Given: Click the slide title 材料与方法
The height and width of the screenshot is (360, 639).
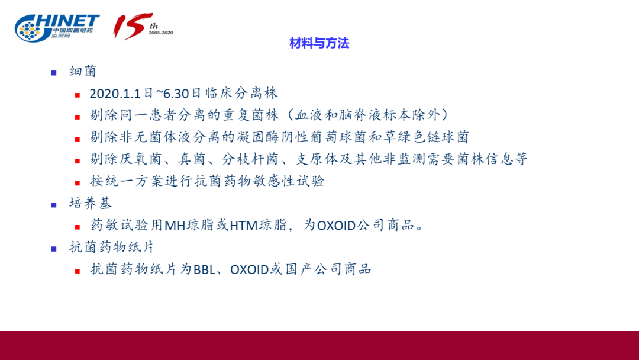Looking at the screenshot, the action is [x=319, y=43].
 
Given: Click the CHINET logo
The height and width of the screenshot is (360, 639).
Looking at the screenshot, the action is [x=57, y=28].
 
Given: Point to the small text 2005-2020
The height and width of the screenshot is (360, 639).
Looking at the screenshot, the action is [x=161, y=33].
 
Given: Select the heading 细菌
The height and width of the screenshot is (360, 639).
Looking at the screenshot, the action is [x=83, y=71].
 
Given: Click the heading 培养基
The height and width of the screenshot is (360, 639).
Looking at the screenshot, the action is [x=91, y=203].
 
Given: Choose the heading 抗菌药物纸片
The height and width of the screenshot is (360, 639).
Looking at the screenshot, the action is [x=112, y=247].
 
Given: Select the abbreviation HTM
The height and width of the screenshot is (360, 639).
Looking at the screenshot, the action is [x=244, y=225].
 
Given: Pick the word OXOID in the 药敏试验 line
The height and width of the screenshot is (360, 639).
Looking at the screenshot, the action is [x=337, y=225].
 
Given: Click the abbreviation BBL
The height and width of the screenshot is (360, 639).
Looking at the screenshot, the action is [x=204, y=269].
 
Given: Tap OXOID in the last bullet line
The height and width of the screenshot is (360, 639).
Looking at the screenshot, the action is [x=250, y=269].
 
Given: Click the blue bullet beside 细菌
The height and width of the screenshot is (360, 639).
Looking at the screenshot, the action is [x=54, y=73].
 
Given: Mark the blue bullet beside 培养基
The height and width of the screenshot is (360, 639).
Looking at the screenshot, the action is [x=54, y=205].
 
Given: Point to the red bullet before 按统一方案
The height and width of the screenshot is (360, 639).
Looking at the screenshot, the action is [x=78, y=183].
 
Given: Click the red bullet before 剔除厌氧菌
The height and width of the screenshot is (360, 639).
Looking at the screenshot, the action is [x=78, y=161].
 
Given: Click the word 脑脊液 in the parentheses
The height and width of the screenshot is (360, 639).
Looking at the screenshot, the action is [x=360, y=115].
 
